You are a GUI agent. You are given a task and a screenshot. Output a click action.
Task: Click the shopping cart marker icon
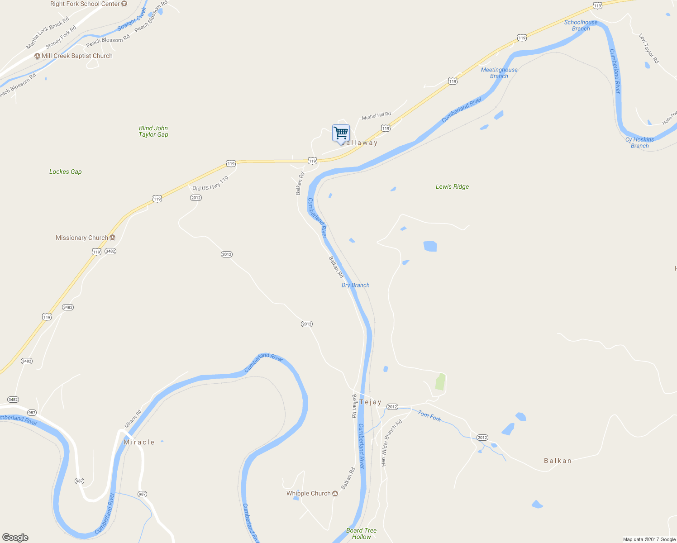tap(341, 133)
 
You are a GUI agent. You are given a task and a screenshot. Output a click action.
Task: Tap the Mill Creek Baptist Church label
tap(77, 56)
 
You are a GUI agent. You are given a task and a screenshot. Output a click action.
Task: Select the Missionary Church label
tap(82, 238)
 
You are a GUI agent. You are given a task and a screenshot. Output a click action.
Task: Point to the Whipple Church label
tap(309, 494)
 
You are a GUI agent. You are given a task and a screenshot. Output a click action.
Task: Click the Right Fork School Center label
tap(85, 4)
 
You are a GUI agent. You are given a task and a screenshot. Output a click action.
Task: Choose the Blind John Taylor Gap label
tap(153, 131)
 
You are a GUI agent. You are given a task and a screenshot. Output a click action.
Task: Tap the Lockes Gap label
tap(66, 172)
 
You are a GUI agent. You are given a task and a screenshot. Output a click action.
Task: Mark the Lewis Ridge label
tap(452, 186)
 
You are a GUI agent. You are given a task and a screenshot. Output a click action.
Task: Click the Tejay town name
tap(371, 402)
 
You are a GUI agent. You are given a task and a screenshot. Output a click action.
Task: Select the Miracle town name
tap(139, 442)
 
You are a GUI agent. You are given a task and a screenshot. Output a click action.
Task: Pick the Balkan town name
tap(558, 461)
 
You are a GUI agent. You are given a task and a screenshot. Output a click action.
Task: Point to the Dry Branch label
tap(355, 285)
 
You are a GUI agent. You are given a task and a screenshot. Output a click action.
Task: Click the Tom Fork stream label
tap(429, 416)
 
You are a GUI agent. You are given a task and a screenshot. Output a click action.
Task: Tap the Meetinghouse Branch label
tap(499, 73)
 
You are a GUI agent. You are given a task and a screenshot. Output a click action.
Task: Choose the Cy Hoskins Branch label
tap(639, 143)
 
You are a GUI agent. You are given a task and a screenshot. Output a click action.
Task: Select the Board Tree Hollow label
tap(361, 533)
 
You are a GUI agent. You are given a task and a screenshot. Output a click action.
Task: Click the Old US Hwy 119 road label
tap(210, 184)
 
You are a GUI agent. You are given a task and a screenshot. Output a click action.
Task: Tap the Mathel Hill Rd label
tap(376, 116)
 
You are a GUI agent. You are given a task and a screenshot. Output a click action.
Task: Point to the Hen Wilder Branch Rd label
tap(391, 443)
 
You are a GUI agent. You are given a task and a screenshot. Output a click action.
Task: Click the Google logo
tap(15, 538)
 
